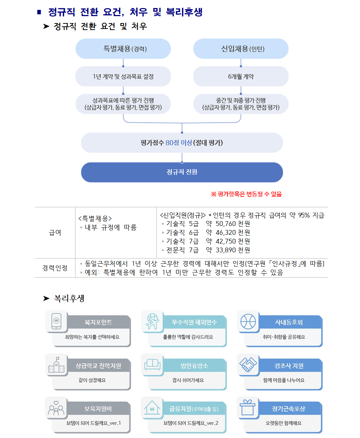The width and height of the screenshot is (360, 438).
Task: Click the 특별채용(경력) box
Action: click(123, 49)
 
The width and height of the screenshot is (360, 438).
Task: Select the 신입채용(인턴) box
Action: click(241, 49)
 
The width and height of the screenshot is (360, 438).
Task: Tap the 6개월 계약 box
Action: click(241, 76)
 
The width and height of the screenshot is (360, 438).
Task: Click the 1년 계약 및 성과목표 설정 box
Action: click(123, 76)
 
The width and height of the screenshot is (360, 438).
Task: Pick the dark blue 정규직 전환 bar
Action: click(182, 172)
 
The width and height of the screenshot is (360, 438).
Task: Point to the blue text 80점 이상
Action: click(179, 143)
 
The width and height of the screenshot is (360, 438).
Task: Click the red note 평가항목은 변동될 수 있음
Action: click(246, 194)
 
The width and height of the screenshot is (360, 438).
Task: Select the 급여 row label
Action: click(55, 233)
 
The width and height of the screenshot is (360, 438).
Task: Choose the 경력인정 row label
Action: click(55, 268)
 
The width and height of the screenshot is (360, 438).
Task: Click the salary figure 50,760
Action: click(226, 224)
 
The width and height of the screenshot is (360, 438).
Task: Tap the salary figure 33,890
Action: click(226, 250)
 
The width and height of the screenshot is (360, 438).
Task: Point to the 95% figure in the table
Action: click(304, 215)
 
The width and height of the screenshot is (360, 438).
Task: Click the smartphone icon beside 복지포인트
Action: click(56, 321)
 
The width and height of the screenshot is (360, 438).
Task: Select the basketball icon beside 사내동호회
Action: click(248, 321)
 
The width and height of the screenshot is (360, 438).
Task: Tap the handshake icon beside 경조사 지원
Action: click(248, 364)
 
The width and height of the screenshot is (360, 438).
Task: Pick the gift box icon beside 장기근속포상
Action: click(248, 408)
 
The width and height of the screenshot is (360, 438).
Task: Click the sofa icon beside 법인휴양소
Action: click(152, 364)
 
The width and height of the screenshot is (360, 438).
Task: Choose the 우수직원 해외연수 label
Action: click(194, 322)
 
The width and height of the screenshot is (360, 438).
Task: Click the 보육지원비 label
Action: click(98, 409)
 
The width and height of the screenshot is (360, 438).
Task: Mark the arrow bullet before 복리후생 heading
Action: click(46, 298)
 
